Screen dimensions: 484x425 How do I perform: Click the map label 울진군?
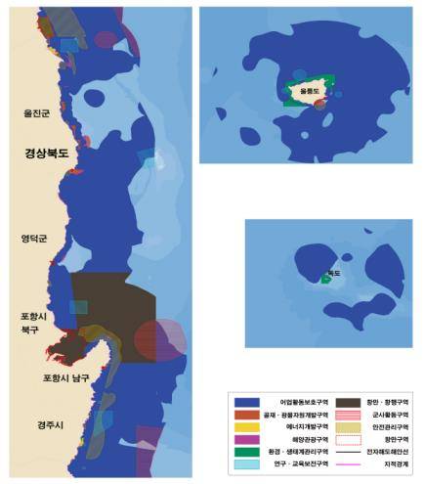[37, 113]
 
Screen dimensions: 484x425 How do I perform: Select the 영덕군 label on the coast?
[34, 238]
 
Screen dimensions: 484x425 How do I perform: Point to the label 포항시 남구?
[67, 377]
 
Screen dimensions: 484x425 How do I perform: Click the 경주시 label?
[36, 424]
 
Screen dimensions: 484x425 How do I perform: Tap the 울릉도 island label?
[310, 89]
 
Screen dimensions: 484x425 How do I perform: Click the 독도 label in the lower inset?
[332, 273]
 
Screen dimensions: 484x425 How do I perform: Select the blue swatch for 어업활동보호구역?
[245, 402]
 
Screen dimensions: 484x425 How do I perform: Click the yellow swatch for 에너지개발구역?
[245, 427]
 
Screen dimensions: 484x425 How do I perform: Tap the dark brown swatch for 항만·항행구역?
[348, 402]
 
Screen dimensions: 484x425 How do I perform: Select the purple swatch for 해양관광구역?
[245, 440]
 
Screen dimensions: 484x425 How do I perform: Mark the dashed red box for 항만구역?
[348, 440]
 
